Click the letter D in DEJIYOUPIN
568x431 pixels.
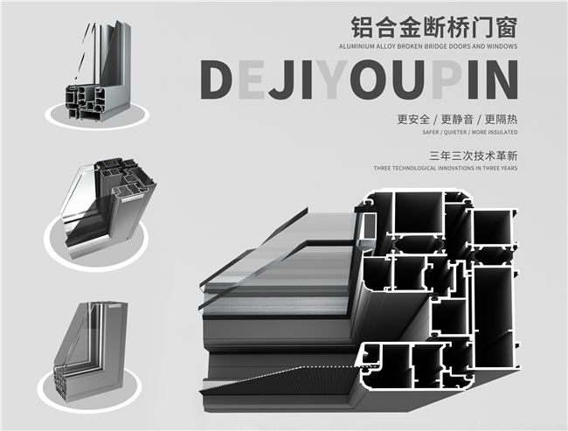point(219,79)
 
